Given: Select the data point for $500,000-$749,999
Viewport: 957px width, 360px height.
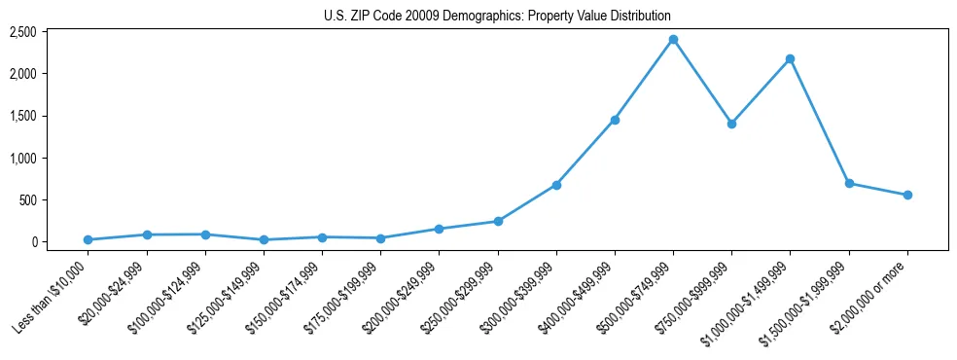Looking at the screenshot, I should [x=673, y=40].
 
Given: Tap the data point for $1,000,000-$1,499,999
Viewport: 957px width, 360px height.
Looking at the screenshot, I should [x=790, y=59].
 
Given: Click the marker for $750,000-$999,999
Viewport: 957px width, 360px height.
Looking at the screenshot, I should [x=731, y=124].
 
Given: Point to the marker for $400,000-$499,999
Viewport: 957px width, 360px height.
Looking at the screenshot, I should [x=615, y=120].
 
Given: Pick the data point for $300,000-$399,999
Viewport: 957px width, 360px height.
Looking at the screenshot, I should [x=556, y=185].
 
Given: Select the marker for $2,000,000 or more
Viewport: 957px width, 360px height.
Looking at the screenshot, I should [x=907, y=195].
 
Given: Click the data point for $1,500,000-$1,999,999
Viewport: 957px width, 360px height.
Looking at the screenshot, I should [x=849, y=183].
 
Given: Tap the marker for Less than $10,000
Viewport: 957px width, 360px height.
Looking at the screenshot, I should [x=88, y=239].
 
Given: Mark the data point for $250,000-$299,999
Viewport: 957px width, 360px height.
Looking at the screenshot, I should [x=498, y=221].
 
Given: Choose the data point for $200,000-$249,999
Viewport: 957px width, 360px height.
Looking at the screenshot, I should [x=439, y=229].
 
